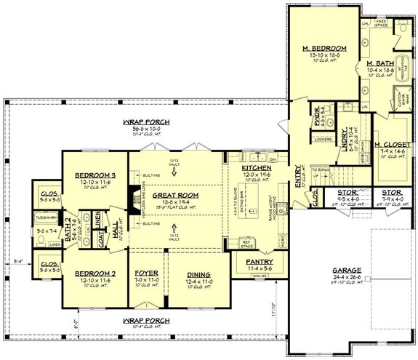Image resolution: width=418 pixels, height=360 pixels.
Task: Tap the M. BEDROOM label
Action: point(324,49)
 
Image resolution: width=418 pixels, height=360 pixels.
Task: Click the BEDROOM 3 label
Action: point(96,175)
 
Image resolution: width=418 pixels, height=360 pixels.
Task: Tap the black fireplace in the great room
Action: point(134,196)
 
